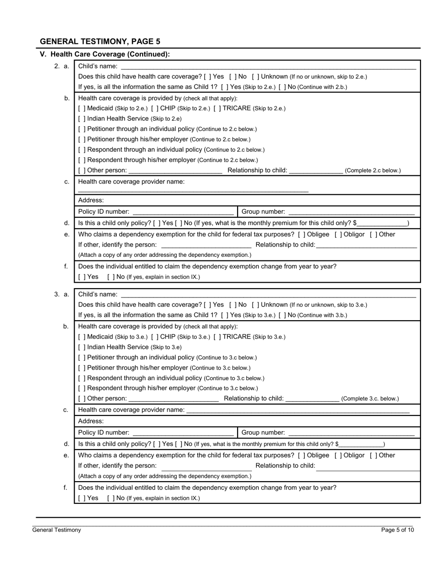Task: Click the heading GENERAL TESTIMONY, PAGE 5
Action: point(100,42)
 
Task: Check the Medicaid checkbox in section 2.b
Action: point(82,108)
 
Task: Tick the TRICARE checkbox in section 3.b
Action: point(217,337)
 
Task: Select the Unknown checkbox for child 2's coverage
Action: point(255,76)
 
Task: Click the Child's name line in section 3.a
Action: point(268,295)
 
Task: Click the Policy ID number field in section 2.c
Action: point(183,212)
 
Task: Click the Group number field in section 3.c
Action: point(351,433)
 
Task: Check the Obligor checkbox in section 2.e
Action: point(338,235)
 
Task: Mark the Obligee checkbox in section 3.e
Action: point(302,456)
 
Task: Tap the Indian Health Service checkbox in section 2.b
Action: point(82,119)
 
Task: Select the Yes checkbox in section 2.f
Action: point(82,277)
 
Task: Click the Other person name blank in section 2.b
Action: point(175,171)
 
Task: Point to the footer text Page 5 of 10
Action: point(397,530)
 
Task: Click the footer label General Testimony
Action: point(57,530)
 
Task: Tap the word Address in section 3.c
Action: point(91,421)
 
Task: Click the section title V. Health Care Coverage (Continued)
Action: point(105,54)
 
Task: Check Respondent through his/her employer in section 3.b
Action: point(82,389)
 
